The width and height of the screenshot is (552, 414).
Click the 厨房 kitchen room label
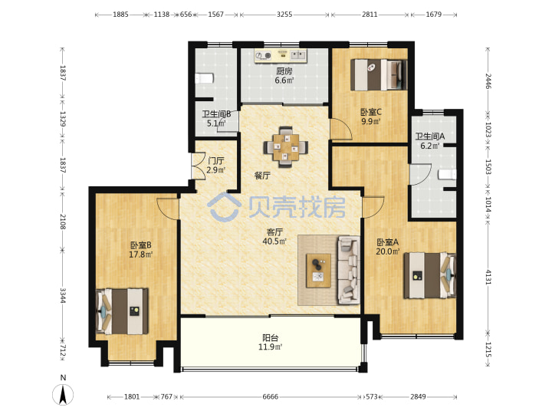pyautogui.click(x=284, y=71)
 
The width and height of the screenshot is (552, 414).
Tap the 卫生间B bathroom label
pyautogui.click(x=216, y=114)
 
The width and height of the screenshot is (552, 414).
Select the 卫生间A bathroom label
pyautogui.click(x=430, y=136)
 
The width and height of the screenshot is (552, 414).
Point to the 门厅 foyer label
pyautogui.click(x=215, y=161)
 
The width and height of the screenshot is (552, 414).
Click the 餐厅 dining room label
pyautogui.click(x=262, y=176)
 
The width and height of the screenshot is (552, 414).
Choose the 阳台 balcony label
pyautogui.click(x=271, y=338)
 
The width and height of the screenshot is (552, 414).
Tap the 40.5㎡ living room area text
pyautogui.click(x=274, y=242)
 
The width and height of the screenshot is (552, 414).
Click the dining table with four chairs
pyautogui.click(x=285, y=146)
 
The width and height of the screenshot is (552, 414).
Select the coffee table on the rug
pyautogui.click(x=318, y=271)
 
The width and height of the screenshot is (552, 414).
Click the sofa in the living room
pyautogui.click(x=349, y=270)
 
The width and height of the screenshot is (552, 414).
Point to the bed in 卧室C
pyautogui.click(x=379, y=74)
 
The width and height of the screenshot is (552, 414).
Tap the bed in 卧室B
pyautogui.click(x=122, y=311)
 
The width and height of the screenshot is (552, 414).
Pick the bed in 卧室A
pyautogui.click(x=430, y=275)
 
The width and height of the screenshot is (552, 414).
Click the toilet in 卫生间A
pyautogui.click(x=447, y=174)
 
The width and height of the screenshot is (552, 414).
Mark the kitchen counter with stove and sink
pyautogui.click(x=281, y=56)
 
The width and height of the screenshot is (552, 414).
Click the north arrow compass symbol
pyautogui.click(x=63, y=394)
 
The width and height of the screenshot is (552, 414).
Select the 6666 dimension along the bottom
pyautogui.click(x=271, y=397)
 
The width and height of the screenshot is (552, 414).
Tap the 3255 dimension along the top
pyautogui.click(x=284, y=15)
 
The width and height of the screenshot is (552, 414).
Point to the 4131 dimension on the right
pyautogui.click(x=488, y=277)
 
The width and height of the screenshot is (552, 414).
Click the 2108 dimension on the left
pyautogui.click(x=63, y=222)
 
